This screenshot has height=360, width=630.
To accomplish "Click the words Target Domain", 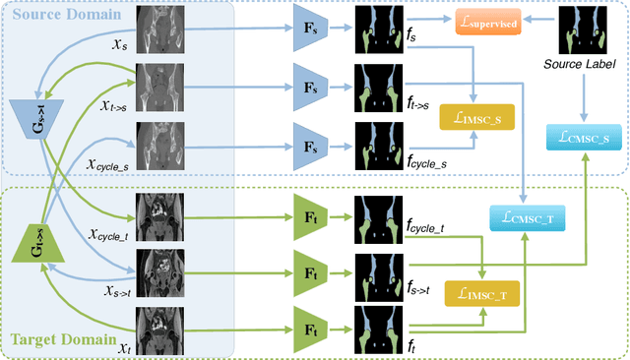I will click(x=58, y=340).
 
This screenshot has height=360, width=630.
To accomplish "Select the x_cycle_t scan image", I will click(x=158, y=210).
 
